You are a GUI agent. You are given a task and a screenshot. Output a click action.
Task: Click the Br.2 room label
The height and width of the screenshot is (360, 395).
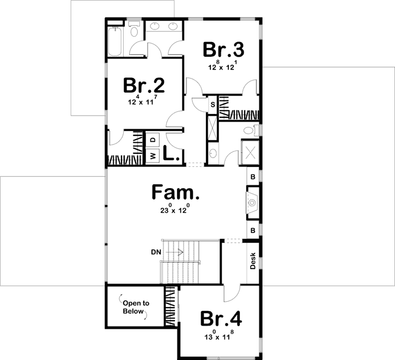click(144, 86)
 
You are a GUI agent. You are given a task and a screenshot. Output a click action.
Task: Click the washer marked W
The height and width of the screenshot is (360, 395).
click(153, 155)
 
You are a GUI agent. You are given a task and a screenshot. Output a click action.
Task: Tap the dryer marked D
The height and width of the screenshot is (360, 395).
click(153, 140)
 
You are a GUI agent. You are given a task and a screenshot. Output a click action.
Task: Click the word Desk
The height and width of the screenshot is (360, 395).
click(253, 263)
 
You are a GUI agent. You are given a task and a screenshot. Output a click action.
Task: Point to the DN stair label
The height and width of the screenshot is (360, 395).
click(155, 252)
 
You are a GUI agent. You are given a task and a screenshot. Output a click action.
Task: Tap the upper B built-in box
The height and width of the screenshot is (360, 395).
click(253, 176)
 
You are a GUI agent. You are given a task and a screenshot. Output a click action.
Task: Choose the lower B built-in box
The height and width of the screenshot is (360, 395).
click(253, 230)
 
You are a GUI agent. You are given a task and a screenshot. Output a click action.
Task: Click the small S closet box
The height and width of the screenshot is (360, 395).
click(212, 104)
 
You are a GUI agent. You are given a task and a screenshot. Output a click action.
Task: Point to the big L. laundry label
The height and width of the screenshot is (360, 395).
click(171, 154)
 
